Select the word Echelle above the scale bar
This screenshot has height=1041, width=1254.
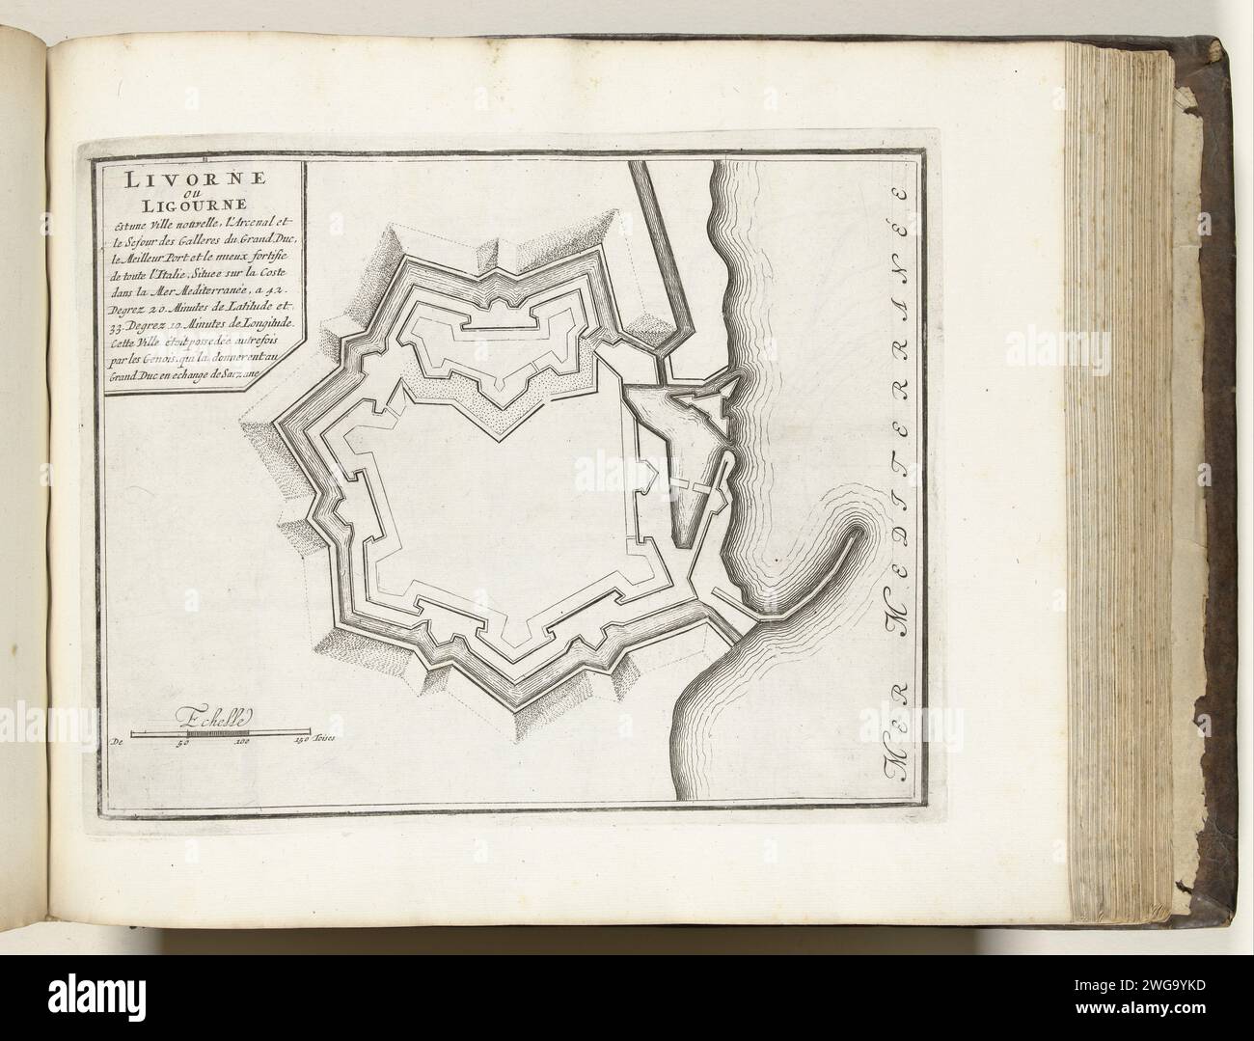pyautogui.click(x=214, y=717)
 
